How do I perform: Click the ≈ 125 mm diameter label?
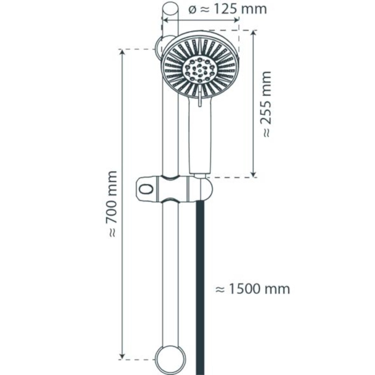click(x=228, y=9)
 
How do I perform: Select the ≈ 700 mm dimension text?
click(x=112, y=204)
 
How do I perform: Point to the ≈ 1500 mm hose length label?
click(x=253, y=289)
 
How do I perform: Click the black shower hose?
click(x=200, y=287)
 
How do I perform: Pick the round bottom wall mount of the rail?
click(x=170, y=359)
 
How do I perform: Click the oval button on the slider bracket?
click(x=146, y=189)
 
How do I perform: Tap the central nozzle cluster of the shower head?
click(x=199, y=70)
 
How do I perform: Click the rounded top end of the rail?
click(x=170, y=9)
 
